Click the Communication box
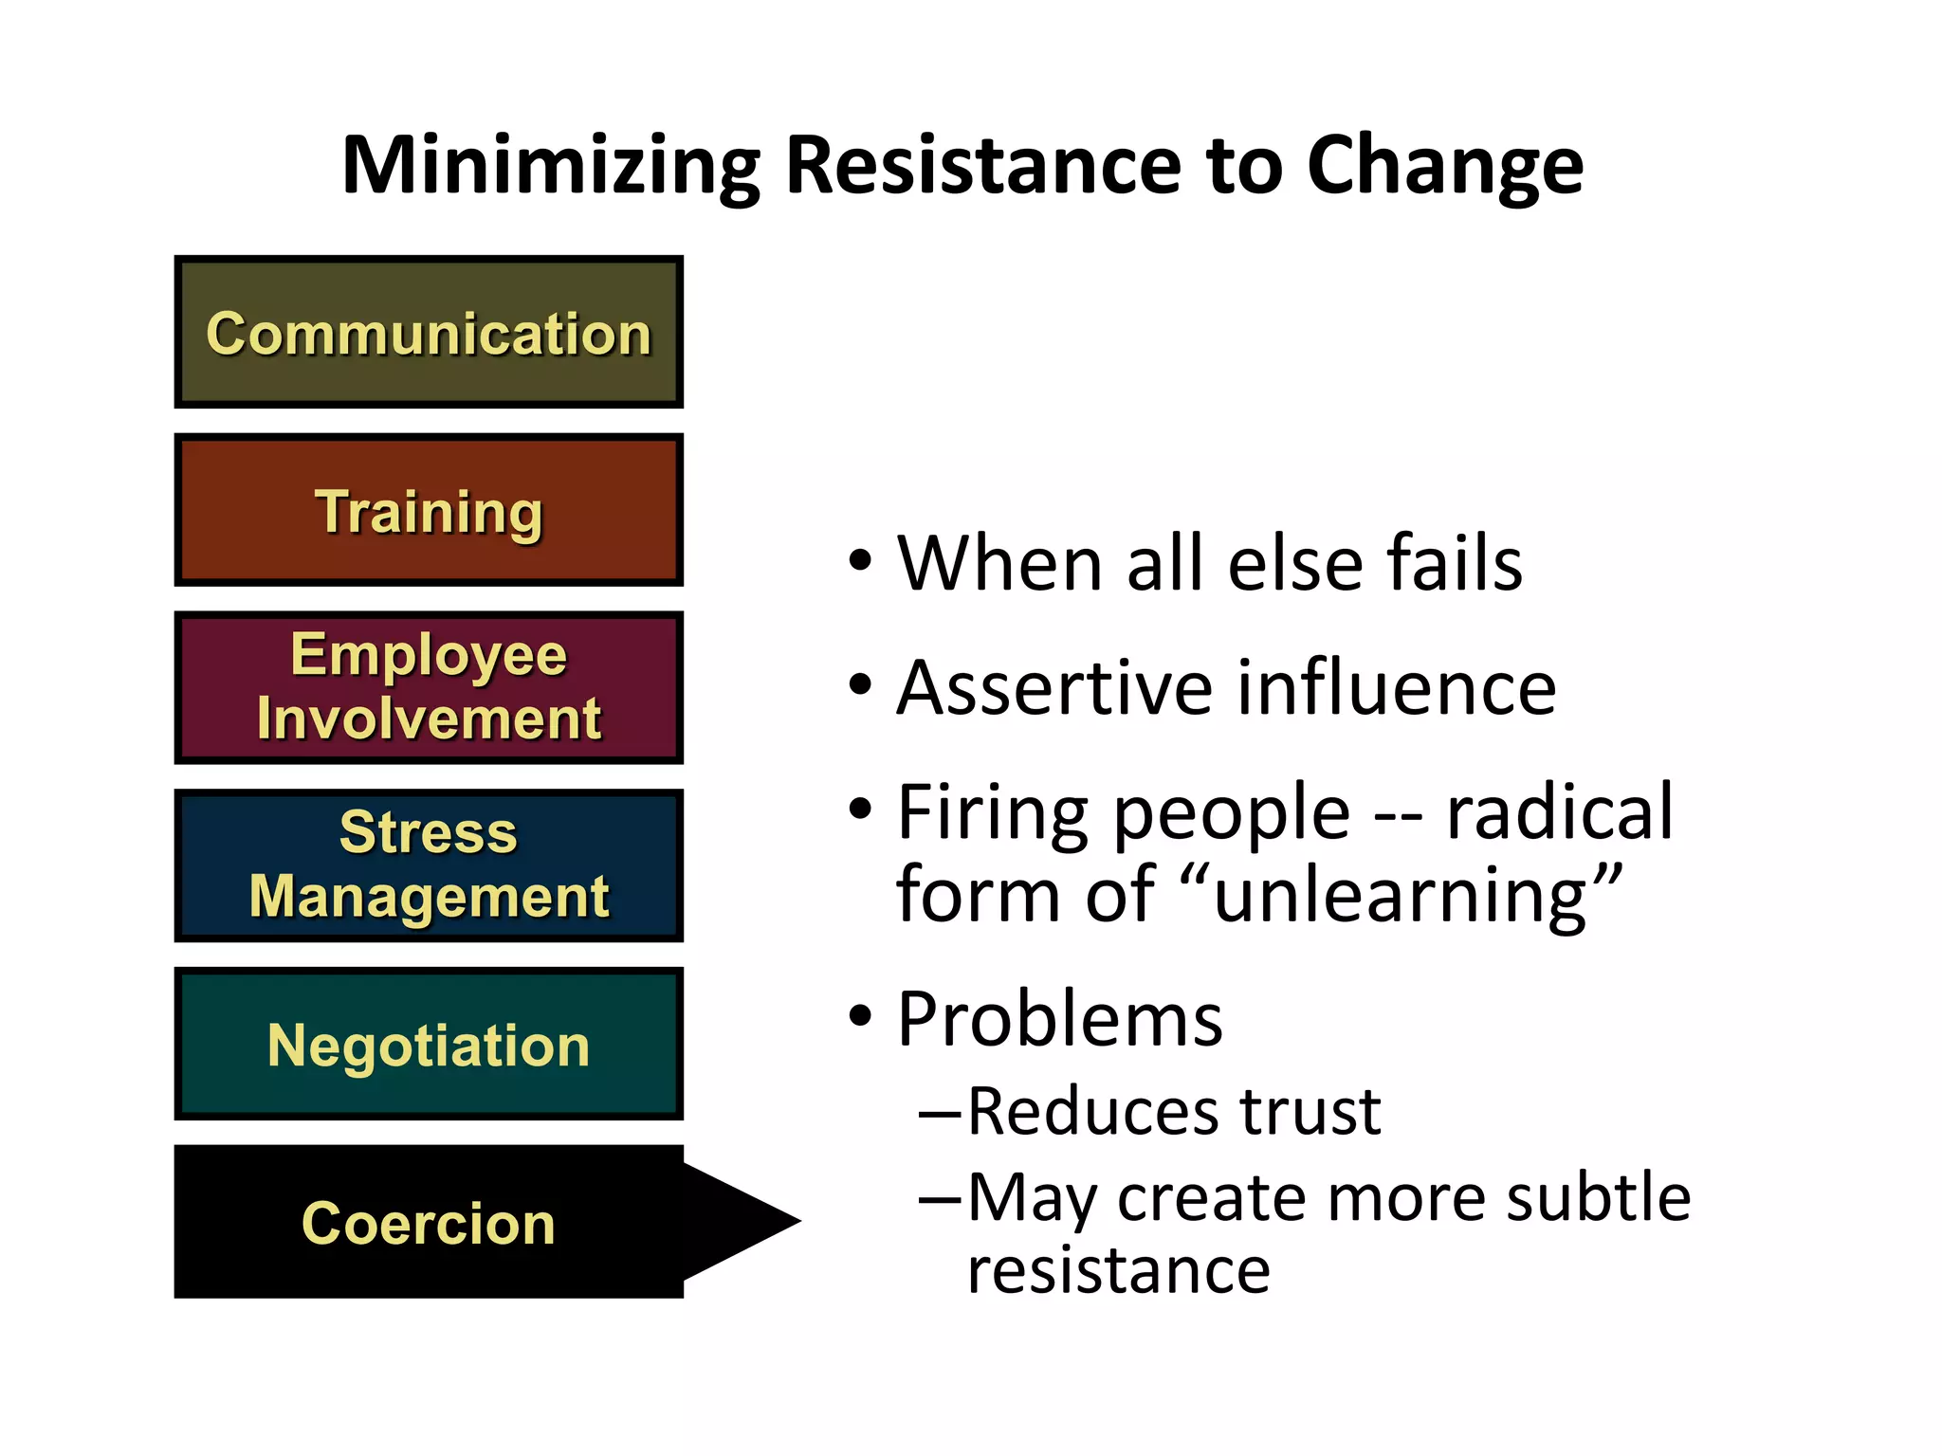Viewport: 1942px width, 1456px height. pos(429,332)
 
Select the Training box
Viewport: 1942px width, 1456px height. pos(429,510)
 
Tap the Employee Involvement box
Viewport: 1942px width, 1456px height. pos(429,687)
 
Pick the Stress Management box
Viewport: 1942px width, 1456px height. pos(429,864)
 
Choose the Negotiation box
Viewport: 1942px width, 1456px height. pos(429,1044)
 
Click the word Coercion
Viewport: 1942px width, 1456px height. pos(429,1223)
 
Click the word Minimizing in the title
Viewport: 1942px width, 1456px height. pos(551,166)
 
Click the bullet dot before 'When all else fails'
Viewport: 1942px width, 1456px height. pos(860,560)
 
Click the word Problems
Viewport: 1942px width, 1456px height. pos(1059,1019)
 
